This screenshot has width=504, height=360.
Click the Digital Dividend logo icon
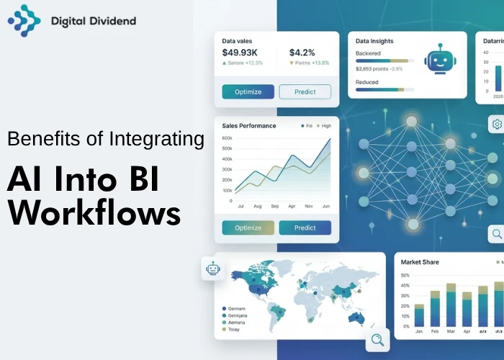click(24, 21)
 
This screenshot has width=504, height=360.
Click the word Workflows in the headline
click(94, 213)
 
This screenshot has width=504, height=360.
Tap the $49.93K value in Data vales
click(239, 53)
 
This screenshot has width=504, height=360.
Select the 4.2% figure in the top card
click(302, 53)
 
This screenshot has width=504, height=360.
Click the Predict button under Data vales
click(305, 91)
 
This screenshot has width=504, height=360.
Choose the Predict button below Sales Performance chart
click(305, 228)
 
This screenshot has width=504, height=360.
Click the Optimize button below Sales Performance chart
click(248, 228)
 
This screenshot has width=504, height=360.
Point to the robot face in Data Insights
click(438, 59)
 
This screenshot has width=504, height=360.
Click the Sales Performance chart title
click(249, 126)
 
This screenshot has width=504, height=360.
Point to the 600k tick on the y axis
click(227, 138)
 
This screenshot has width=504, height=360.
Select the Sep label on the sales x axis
click(274, 207)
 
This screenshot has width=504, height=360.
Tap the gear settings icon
click(497, 125)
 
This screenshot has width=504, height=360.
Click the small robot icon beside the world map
click(212, 269)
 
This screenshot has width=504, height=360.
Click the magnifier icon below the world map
click(377, 339)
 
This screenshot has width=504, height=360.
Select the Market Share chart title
click(420, 262)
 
